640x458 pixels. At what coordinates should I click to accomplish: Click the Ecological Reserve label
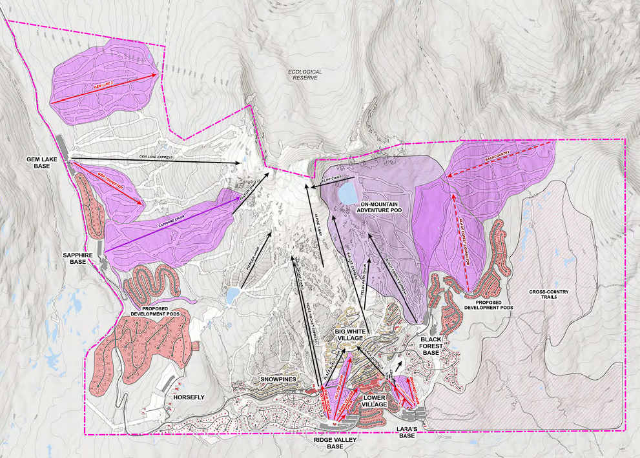[x=305, y=75]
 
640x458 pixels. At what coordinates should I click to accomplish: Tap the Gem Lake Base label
[x=43, y=163]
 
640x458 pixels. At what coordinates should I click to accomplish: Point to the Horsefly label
[x=189, y=397]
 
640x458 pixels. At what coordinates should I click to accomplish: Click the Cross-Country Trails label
[x=549, y=295]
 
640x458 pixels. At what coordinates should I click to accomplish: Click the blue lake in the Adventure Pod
[x=347, y=193]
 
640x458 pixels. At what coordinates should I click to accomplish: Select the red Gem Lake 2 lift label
[x=103, y=87]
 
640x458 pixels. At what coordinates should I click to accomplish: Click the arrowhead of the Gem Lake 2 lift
[x=157, y=75]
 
